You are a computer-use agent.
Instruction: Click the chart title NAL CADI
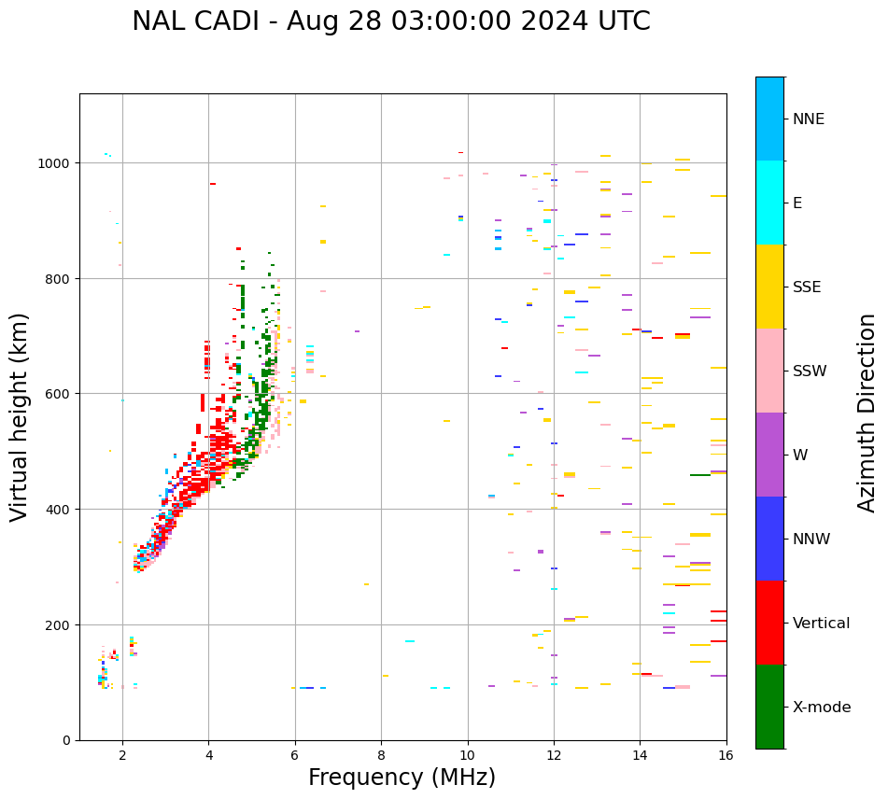[390, 21]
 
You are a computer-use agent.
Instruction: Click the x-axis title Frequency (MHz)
[402, 778]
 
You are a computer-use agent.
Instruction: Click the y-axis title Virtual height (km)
[20, 416]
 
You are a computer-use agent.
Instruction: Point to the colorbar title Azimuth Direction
[867, 413]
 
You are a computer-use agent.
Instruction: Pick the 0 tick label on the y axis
[66, 740]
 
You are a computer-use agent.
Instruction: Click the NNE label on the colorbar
[809, 119]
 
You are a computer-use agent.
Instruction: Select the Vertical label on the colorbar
[821, 624]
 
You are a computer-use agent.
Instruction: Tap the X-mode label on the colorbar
[822, 708]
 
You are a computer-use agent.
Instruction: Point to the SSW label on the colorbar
[810, 371]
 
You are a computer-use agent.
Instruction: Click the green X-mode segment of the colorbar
[769, 707]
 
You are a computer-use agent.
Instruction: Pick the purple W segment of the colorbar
[769, 455]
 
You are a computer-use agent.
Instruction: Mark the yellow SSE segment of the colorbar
[769, 287]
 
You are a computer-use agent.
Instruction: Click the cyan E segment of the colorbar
[769, 203]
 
